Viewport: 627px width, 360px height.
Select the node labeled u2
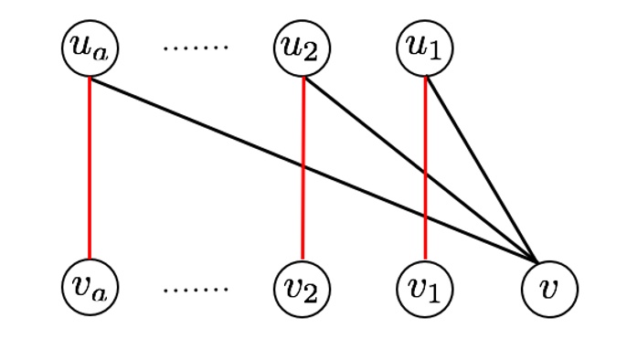click(303, 49)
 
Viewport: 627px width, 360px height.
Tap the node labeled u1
click(425, 49)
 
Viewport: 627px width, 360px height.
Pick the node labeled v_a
click(90, 288)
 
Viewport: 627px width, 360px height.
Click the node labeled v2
click(303, 288)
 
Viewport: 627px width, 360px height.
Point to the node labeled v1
click(425, 288)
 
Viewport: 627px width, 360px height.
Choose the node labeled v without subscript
click(549, 288)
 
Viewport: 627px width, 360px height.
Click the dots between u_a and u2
click(195, 47)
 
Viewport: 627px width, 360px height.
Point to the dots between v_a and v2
click(195, 290)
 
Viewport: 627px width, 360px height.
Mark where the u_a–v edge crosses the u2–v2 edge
click(303, 166)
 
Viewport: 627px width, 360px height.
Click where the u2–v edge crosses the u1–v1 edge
click(425, 173)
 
